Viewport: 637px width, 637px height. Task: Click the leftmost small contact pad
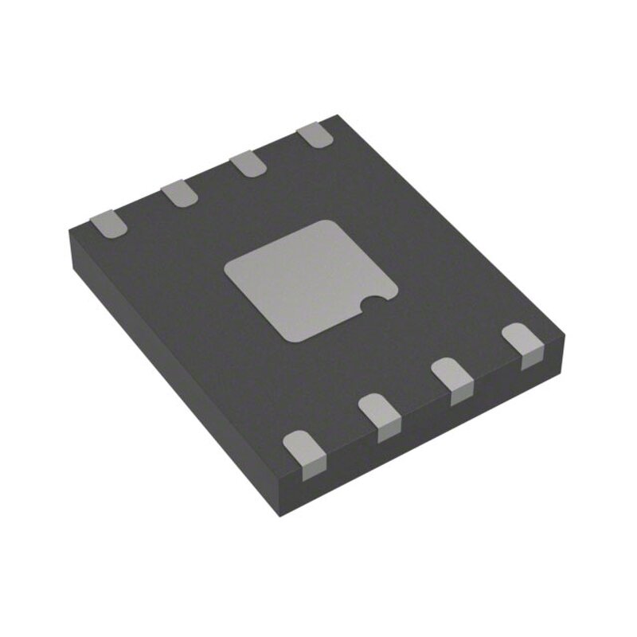tap(107, 224)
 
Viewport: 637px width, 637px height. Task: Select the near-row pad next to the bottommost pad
tap(379, 415)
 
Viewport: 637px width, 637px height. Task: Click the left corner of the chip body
tap(69, 229)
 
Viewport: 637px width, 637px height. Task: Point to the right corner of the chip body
tap(566, 338)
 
